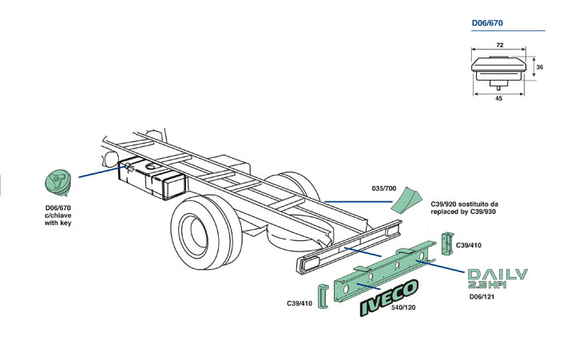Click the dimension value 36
pos(538,67)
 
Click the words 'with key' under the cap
pos(57,224)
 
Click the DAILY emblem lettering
pos(497,275)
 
